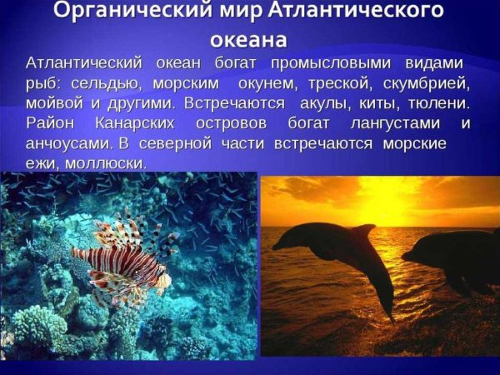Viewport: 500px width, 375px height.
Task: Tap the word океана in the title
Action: (x=249, y=39)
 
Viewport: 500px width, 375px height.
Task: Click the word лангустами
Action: (x=392, y=124)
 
